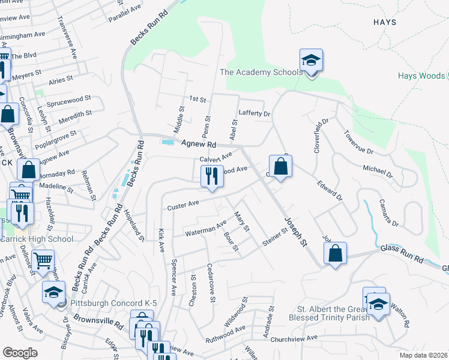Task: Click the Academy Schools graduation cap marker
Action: pos(312,61)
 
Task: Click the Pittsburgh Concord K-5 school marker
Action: pos(53,292)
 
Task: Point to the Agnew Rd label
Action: pos(199,144)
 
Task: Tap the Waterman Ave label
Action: pos(205,229)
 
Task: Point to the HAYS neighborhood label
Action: pos(384,22)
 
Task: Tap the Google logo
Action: pos(20,353)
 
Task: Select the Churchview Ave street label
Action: pos(306,338)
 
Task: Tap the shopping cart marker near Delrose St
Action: pos(43,261)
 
